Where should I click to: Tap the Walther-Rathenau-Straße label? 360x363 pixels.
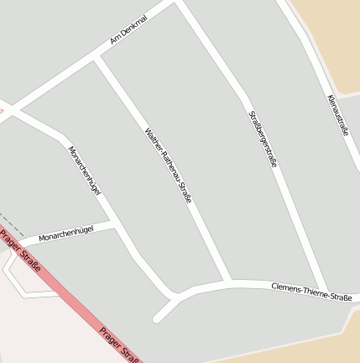click(x=168, y=166)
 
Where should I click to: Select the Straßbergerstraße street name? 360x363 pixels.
click(x=262, y=139)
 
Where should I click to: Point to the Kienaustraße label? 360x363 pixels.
click(x=337, y=114)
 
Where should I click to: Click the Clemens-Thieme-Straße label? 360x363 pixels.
click(x=310, y=292)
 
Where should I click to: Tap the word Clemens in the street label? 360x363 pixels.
click(x=286, y=288)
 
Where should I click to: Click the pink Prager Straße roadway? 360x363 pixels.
click(x=67, y=294)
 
